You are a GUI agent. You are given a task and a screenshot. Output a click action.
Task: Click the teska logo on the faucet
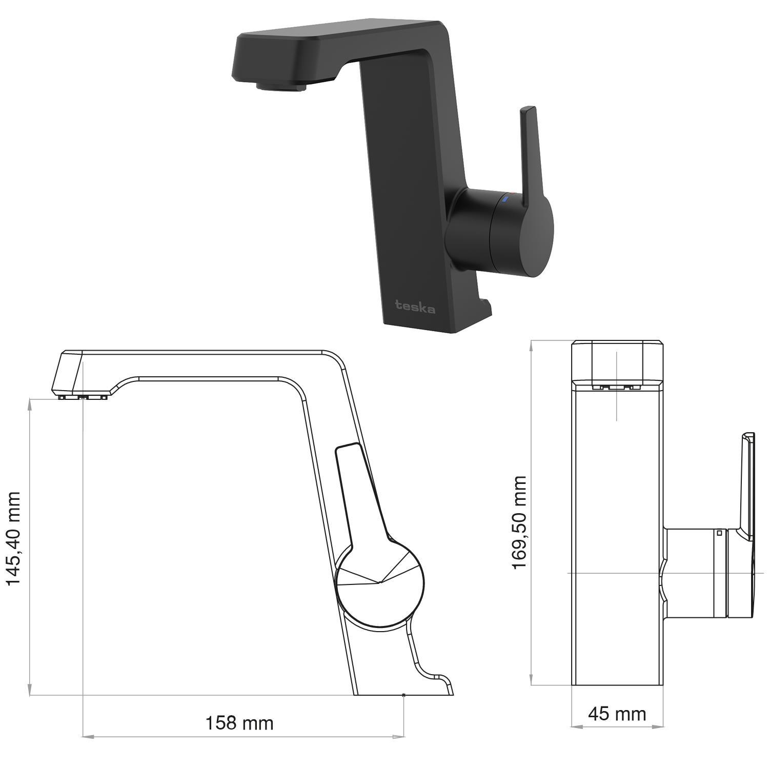415,307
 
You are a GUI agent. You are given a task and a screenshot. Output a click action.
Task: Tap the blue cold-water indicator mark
506,199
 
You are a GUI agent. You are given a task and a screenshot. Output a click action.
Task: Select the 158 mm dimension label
239,723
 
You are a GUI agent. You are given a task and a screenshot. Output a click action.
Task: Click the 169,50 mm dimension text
519,522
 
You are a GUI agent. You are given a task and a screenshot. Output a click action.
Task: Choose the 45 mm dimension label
617,714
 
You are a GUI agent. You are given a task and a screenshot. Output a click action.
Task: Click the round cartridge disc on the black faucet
524,232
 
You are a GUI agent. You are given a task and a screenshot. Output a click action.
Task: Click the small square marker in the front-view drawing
719,533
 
